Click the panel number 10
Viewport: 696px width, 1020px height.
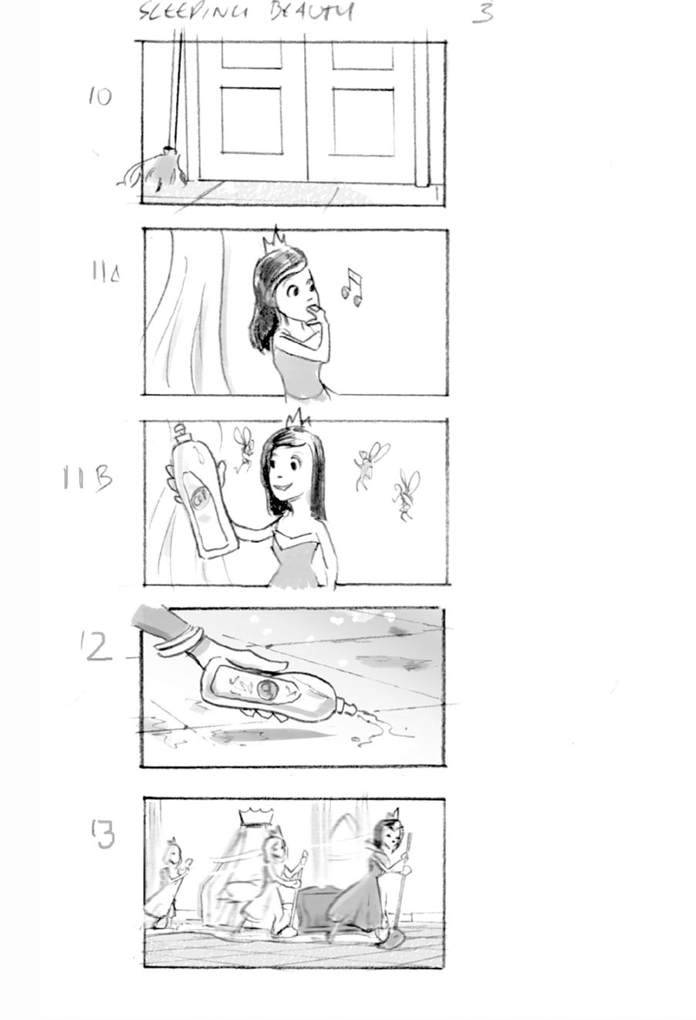[x=100, y=96]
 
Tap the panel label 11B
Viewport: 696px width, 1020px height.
[x=87, y=479]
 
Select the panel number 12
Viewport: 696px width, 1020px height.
[x=99, y=647]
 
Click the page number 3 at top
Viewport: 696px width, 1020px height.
[x=482, y=12]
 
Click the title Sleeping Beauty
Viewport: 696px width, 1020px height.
[x=246, y=12]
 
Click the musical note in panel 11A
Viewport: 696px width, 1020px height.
[x=352, y=287]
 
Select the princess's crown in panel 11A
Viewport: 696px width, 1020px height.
[x=274, y=243]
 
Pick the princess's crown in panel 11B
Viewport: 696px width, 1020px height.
[x=297, y=419]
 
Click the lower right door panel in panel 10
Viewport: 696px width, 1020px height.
[x=363, y=122]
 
